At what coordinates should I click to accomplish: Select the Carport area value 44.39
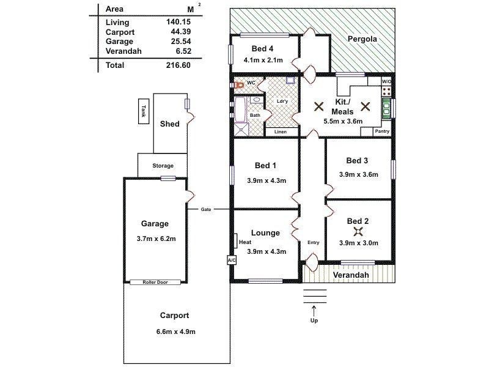176,32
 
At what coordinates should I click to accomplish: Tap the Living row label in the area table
117,22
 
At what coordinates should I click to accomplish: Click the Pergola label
362,39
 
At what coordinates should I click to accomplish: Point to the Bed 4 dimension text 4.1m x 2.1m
263,60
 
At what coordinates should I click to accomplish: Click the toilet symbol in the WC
240,84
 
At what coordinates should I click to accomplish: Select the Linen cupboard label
281,132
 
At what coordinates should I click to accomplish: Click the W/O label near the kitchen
386,81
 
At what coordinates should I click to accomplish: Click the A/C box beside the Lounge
231,260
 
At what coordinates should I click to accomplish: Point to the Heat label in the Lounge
245,242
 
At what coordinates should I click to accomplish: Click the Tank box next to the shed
144,111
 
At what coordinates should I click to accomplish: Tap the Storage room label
163,166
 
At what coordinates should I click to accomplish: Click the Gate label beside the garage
206,209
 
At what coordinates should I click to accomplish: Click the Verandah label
354,275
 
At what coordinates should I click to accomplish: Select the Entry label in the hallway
313,243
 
